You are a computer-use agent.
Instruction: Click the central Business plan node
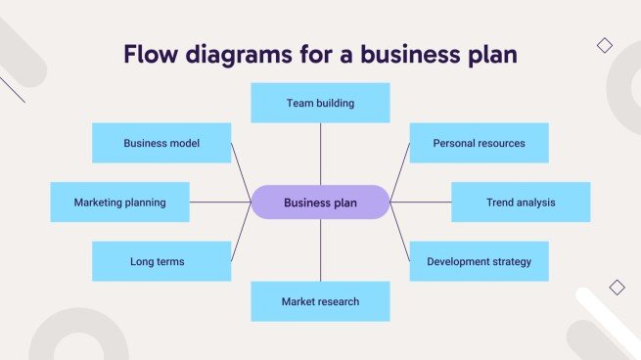[320, 202]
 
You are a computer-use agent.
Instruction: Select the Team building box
[320, 103]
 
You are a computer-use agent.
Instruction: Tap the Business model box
[161, 143]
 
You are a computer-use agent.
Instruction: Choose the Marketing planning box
[119, 202]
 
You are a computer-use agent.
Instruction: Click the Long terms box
[161, 261]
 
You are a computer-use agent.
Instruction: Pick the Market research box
[320, 301]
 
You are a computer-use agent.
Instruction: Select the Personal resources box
[479, 143]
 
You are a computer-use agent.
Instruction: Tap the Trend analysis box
[521, 202]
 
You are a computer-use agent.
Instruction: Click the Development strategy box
[479, 261]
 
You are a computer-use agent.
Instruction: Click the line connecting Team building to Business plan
[320, 154]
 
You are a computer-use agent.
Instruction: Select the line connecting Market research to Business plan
[320, 250]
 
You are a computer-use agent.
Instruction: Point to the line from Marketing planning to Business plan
[220, 202]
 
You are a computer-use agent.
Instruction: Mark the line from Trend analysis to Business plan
[421, 202]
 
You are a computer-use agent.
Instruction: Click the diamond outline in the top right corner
[605, 45]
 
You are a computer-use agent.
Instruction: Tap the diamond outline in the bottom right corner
[617, 288]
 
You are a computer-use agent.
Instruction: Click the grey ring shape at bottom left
[78, 337]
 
